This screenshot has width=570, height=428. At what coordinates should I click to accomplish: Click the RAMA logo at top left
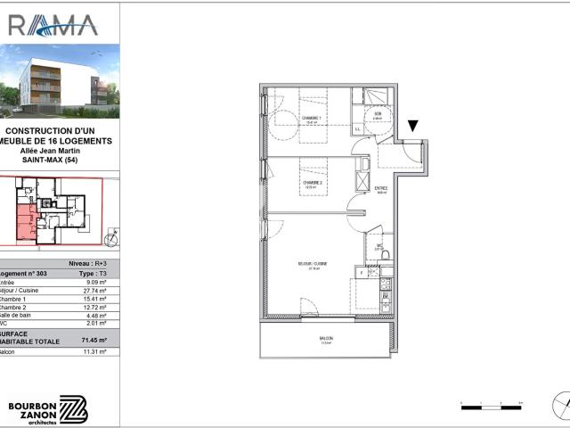click(x=53, y=24)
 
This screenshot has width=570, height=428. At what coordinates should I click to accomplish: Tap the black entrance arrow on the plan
click(x=411, y=128)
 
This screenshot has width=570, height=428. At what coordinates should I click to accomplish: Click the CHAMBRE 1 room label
click(x=312, y=119)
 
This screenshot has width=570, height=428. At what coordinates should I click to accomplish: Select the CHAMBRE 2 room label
click(x=311, y=182)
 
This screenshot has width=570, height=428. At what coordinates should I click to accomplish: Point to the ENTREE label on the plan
click(x=380, y=188)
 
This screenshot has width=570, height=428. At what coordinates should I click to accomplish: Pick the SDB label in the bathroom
click(x=378, y=114)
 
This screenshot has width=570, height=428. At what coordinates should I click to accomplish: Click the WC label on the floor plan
click(x=379, y=246)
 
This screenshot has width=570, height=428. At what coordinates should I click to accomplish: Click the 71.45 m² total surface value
click(x=94, y=341)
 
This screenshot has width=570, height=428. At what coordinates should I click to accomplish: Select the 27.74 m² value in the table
click(x=94, y=291)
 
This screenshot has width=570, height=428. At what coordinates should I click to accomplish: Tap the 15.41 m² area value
click(x=94, y=299)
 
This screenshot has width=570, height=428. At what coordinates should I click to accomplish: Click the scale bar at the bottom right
click(x=490, y=407)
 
